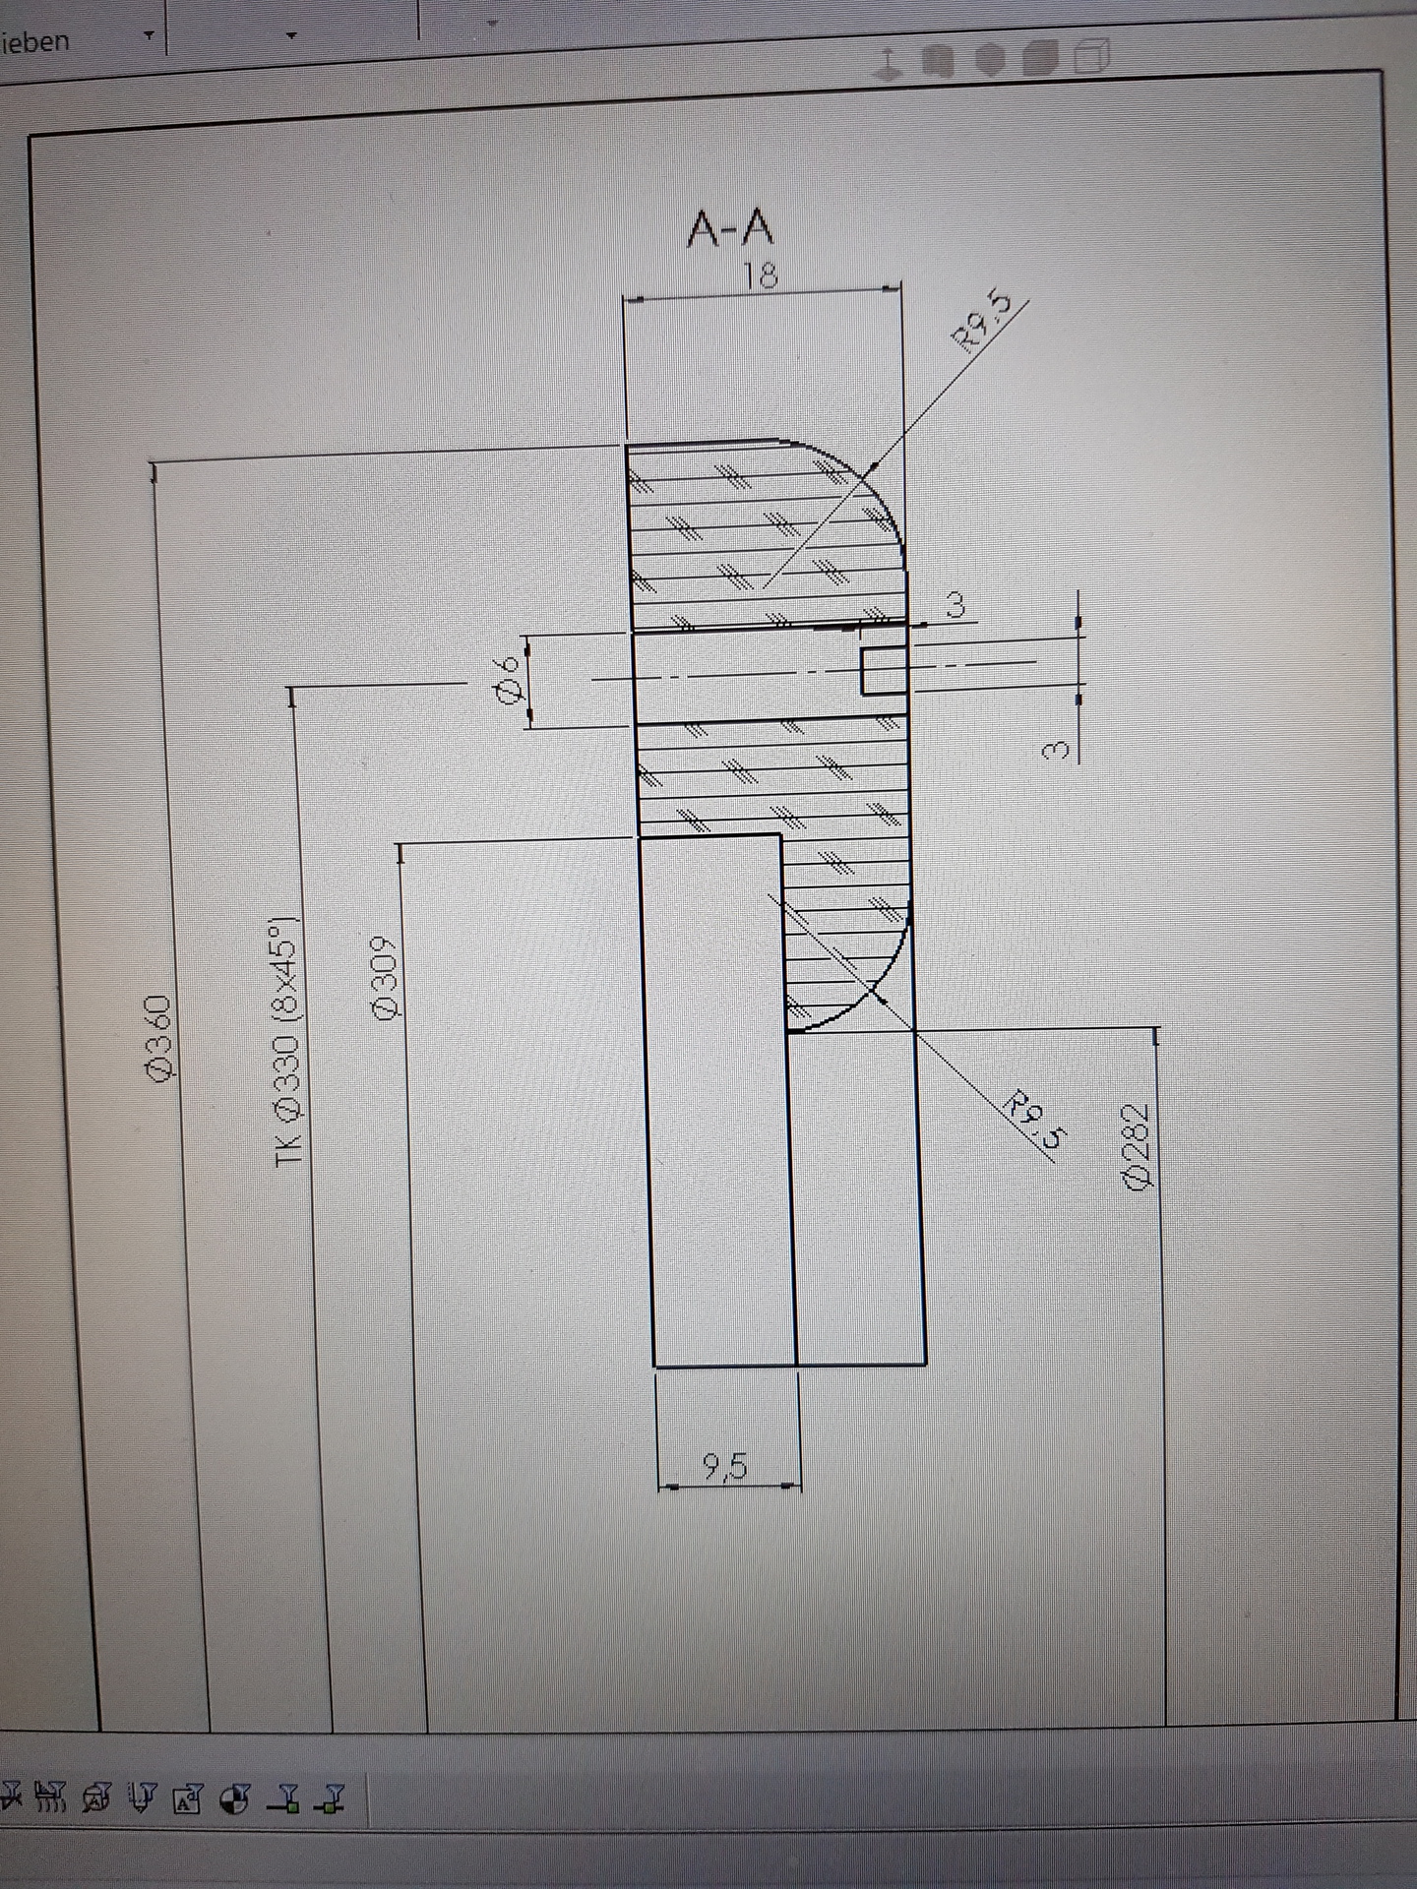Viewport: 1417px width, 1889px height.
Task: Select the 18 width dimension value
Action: [x=761, y=274]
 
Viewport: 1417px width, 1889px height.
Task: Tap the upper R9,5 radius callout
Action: [x=981, y=320]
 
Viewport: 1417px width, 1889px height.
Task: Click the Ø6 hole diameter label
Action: [x=509, y=679]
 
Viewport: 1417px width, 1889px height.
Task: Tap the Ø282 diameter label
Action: [x=1137, y=1146]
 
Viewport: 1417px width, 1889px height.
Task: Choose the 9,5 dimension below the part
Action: [x=726, y=1467]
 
